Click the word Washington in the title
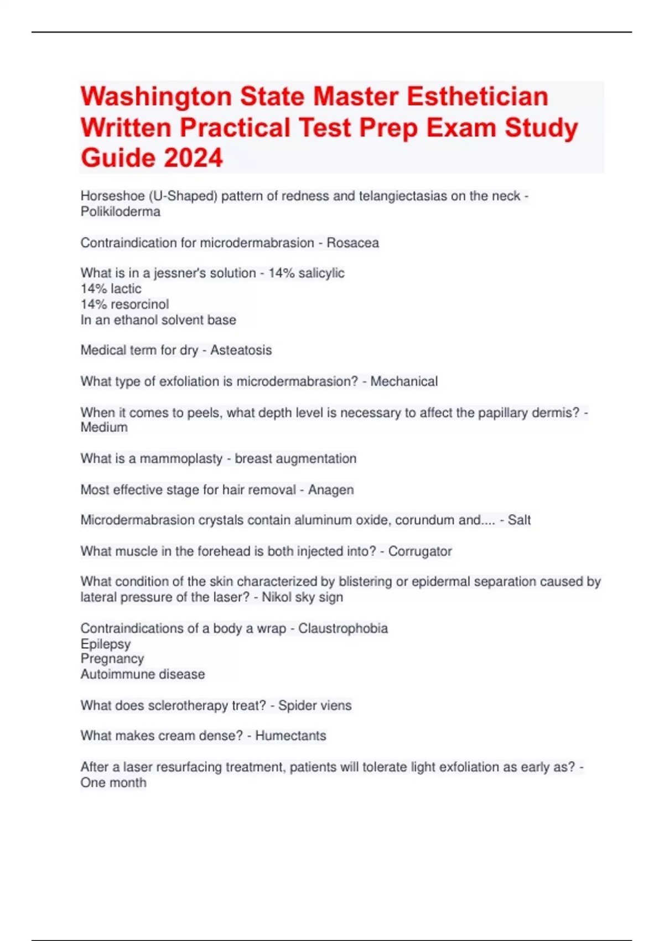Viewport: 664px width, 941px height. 156,97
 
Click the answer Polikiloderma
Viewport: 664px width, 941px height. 120,212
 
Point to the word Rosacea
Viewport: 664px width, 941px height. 352,243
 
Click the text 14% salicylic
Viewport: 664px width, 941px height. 306,273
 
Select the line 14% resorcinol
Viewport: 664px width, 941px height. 124,304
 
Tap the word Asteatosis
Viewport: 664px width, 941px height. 241,350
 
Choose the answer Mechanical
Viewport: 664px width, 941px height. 404,381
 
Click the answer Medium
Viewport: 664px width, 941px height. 104,428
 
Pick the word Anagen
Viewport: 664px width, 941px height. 331,490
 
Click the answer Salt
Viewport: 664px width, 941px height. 519,520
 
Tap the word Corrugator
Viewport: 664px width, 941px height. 420,551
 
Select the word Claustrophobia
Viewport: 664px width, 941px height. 343,628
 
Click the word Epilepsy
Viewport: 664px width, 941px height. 106,644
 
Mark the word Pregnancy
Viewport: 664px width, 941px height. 112,659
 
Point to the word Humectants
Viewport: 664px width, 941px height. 290,736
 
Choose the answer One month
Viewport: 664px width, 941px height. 113,783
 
